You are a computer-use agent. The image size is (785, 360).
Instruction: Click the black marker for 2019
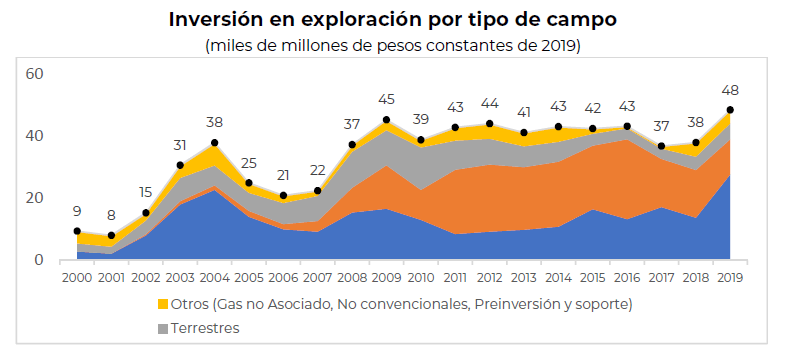pos(730,110)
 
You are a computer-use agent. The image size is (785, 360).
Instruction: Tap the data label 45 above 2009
pos(386,99)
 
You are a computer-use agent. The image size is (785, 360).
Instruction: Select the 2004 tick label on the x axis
pos(214,277)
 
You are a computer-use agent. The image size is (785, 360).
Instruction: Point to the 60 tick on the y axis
pos(35,74)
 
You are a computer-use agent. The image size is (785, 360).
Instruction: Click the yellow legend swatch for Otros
pos(163,304)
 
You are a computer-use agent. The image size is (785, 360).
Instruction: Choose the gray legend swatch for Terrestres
pos(163,329)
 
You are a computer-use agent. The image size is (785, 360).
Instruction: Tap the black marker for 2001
pos(112,235)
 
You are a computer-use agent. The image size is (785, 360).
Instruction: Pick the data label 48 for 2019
pos(730,91)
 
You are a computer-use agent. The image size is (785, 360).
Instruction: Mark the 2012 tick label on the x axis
pos(489,277)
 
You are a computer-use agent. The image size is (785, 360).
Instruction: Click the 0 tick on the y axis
pos(39,260)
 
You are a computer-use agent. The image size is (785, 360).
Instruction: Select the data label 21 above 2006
pos(283,175)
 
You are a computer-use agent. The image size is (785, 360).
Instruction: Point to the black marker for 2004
pos(215,143)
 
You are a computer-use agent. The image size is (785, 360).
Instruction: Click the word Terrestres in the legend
pos(205,328)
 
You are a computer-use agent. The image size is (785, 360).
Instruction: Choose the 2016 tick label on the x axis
pos(627,277)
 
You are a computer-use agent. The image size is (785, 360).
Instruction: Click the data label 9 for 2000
pos(77,211)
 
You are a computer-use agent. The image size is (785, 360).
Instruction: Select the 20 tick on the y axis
pos(35,198)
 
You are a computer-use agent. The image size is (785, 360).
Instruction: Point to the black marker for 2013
pos(524,133)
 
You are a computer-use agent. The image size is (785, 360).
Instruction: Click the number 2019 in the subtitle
pos(558,46)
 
